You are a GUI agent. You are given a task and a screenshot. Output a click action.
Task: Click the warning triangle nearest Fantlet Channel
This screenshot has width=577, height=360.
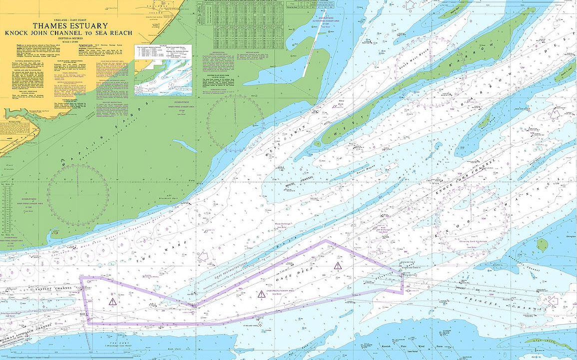[x=113, y=301]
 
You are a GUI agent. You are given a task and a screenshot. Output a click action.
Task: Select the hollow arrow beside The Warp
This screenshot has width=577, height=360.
[x=202, y=256]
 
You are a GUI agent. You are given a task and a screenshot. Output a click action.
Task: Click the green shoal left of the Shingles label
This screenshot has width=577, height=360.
[x=542, y=245]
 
